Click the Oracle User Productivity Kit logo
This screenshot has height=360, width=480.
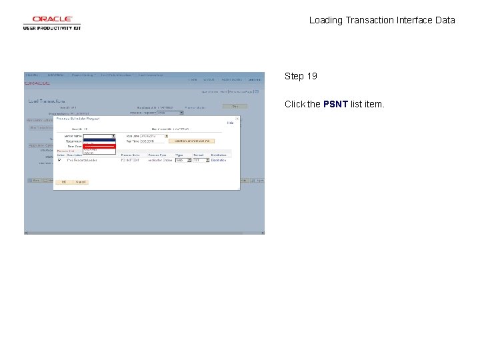click(52, 23)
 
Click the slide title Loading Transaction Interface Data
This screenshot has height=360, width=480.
click(382, 20)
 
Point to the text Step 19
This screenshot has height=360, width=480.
click(301, 76)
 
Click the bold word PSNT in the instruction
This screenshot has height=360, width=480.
click(335, 104)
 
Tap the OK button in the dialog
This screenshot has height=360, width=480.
click(64, 181)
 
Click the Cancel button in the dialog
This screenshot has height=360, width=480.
click(81, 181)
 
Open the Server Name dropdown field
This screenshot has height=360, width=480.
click(99, 135)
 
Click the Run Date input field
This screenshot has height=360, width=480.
click(147, 135)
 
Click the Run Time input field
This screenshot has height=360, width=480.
click(147, 141)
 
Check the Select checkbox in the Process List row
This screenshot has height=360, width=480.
click(59, 160)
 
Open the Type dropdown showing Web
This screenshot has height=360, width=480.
click(183, 160)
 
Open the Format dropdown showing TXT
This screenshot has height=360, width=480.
click(200, 160)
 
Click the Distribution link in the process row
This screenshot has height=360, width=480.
click(219, 160)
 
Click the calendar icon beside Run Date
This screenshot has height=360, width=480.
click(167, 135)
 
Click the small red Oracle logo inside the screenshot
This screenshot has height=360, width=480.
click(37, 83)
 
